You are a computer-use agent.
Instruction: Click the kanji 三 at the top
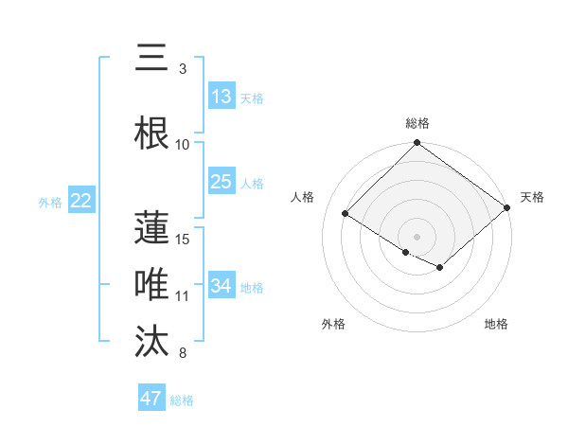(152, 59)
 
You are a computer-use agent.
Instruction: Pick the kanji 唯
(152, 283)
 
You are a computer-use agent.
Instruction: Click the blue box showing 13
(222, 97)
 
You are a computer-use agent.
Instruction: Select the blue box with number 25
(222, 182)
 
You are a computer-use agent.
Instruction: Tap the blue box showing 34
(222, 286)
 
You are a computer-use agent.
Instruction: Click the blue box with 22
(81, 201)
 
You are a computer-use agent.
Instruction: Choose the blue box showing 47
(151, 399)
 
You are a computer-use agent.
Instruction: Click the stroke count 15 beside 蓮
(184, 239)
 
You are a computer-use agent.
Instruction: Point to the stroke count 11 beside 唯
(183, 296)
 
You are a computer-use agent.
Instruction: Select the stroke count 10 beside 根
(183, 144)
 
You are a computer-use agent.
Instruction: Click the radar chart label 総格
(417, 123)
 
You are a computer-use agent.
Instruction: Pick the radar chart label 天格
(532, 197)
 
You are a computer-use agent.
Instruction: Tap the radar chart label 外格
(333, 324)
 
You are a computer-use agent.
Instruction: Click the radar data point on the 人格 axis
(346, 213)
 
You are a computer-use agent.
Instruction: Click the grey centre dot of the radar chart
(417, 236)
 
